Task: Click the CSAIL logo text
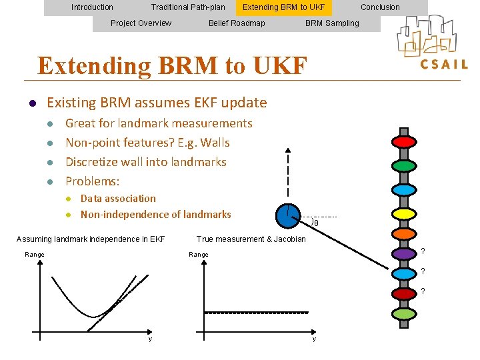pyautogui.click(x=443, y=65)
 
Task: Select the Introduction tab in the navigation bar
pyautogui.click(x=92, y=7)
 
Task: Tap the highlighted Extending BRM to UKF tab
pyautogui.click(x=283, y=7)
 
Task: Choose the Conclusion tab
pyautogui.click(x=380, y=7)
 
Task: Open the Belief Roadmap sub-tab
pyautogui.click(x=237, y=23)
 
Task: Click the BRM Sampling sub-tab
pyautogui.click(x=332, y=23)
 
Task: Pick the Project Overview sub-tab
pyautogui.click(x=141, y=23)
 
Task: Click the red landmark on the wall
pyautogui.click(x=403, y=142)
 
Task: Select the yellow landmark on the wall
pyautogui.click(x=403, y=213)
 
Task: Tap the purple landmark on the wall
pyautogui.click(x=403, y=253)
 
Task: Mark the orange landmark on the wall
pyautogui.click(x=403, y=234)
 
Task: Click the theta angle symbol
pyautogui.click(x=316, y=223)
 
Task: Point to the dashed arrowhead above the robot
pyautogui.click(x=288, y=151)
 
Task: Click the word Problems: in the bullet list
pyautogui.click(x=92, y=181)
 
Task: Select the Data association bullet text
pyautogui.click(x=118, y=199)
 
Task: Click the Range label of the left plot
pyautogui.click(x=35, y=255)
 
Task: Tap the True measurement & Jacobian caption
pyautogui.click(x=251, y=239)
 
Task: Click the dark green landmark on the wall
pyautogui.click(x=403, y=165)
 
